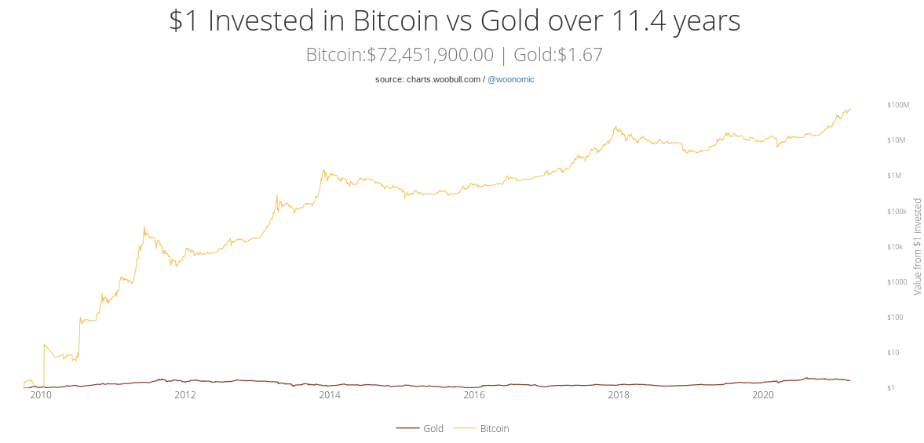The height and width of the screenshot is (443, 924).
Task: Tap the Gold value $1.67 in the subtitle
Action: (x=580, y=55)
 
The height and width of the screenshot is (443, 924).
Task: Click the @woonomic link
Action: (x=510, y=79)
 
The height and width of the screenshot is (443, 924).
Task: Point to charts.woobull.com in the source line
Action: (x=444, y=79)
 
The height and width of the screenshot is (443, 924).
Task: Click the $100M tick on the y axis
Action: (x=897, y=104)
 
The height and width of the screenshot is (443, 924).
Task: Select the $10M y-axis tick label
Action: (x=897, y=140)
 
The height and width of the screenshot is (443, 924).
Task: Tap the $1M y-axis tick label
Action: (x=894, y=176)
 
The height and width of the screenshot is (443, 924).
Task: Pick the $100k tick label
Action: (x=897, y=212)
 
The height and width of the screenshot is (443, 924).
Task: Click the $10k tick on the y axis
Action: (x=895, y=247)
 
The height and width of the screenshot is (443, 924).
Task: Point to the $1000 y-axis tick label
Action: (x=897, y=282)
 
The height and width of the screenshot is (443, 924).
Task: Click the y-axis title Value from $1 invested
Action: (x=917, y=246)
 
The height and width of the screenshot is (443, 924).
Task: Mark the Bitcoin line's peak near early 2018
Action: (x=616, y=126)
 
